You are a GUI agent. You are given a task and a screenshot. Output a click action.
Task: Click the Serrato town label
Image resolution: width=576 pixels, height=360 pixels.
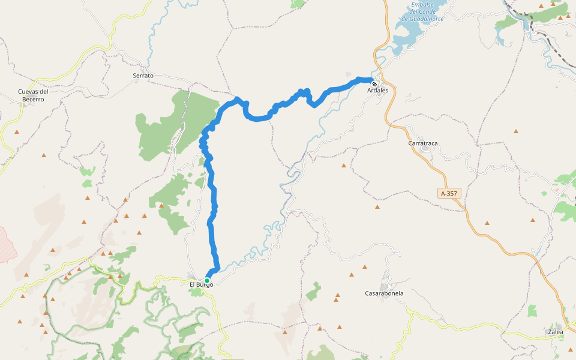pos(143,76)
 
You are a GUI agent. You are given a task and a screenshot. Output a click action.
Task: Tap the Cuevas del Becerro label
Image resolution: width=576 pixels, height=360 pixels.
pos(32,95)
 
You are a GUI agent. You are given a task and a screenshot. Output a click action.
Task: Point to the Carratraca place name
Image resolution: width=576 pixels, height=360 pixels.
pos(424,144)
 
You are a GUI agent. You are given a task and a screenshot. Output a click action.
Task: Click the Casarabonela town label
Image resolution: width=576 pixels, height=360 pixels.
pos(384,293)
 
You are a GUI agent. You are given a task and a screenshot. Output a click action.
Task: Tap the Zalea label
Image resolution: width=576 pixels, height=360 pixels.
pos(556,331)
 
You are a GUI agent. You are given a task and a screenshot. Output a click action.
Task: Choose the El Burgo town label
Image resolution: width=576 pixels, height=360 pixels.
pos(201,284)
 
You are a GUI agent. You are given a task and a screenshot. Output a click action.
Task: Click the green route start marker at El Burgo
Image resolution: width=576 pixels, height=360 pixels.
pos(207,280)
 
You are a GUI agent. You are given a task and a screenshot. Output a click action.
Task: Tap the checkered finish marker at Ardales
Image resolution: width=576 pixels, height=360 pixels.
pos(374,84)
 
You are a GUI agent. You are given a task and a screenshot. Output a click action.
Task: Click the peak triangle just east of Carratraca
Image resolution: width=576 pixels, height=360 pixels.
pos(516,130)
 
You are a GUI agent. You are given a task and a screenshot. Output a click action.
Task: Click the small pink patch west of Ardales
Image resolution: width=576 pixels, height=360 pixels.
pos(349,74)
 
